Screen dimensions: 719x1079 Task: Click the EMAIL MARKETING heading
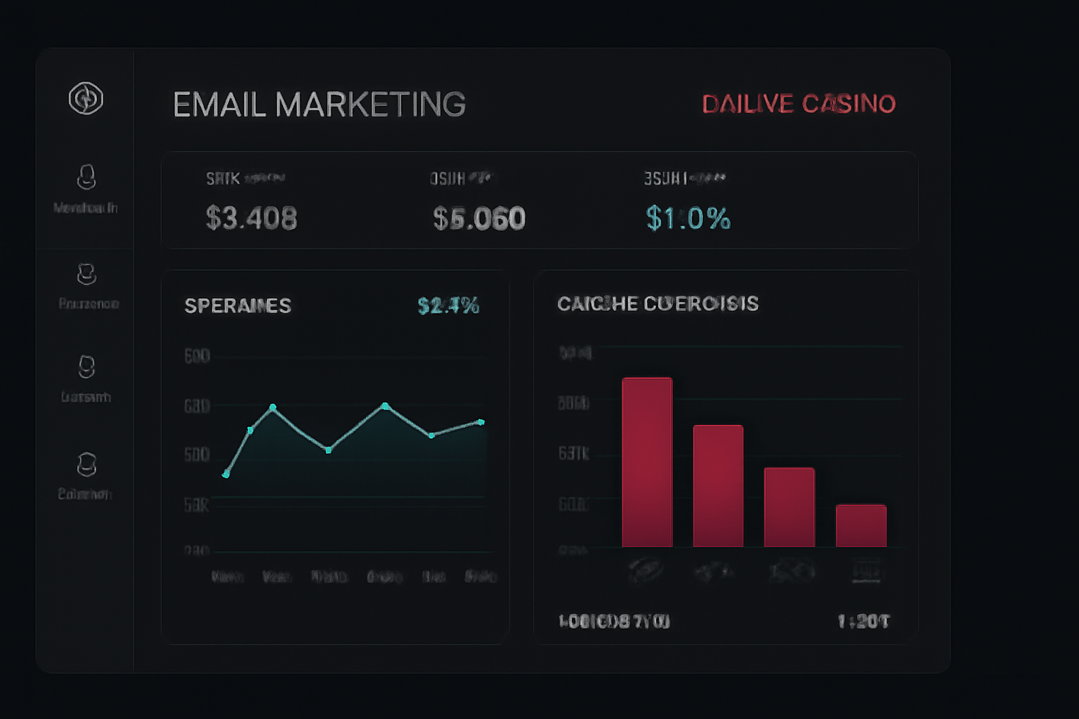(x=319, y=105)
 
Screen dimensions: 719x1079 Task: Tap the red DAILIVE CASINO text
(x=799, y=104)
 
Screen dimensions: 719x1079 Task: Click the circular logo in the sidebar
(x=86, y=98)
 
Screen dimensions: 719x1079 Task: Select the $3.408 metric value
(x=251, y=218)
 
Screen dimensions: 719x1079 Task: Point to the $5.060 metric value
(x=479, y=218)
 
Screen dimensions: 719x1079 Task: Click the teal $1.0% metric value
(x=688, y=218)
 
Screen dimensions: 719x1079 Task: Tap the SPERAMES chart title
(x=237, y=306)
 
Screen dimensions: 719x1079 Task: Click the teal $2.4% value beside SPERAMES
(x=448, y=305)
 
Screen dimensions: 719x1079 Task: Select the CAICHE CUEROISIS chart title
(x=658, y=303)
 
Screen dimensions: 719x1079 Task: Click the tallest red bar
(x=647, y=462)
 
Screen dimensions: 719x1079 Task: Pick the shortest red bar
(x=861, y=525)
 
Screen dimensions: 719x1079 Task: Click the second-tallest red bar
(x=718, y=486)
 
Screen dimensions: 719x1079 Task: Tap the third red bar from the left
(x=790, y=507)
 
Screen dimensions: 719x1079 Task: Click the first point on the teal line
(x=225, y=475)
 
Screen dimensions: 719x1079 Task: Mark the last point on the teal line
(x=481, y=422)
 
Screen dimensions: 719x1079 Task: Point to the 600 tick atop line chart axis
(x=197, y=356)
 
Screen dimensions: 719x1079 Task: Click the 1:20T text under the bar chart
(x=863, y=621)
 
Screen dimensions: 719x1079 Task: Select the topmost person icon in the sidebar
(x=86, y=177)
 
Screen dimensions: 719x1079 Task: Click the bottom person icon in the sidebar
(x=86, y=464)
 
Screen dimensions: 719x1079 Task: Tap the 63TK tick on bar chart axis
(x=573, y=454)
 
